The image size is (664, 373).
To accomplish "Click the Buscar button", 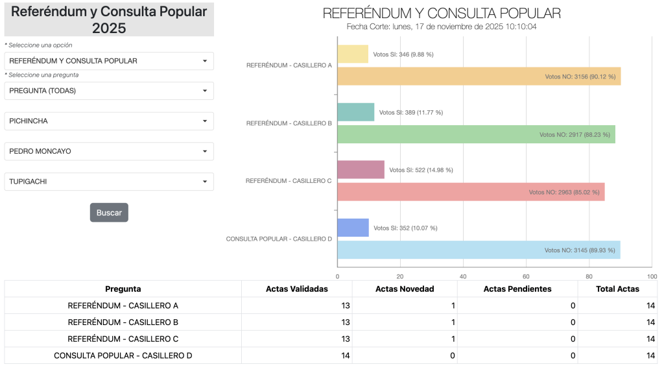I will coord(109,213).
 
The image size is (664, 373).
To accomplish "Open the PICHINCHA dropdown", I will coord(109,121).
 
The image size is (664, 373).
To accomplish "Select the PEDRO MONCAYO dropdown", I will coord(109,151).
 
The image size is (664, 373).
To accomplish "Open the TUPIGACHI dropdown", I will coord(109,182).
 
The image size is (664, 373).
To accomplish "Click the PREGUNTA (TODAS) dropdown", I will coord(109,91).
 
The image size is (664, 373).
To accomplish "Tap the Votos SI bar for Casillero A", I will coord(353,54).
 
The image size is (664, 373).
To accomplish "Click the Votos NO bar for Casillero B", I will coord(476,134).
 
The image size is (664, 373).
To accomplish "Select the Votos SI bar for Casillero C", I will coord(361,170).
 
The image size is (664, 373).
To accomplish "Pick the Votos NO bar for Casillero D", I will coord(479,250).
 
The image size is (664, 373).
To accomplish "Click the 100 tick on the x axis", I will coord(652,276).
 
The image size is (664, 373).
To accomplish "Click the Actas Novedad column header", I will coord(405,289).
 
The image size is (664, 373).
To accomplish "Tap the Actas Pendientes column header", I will coord(517,289).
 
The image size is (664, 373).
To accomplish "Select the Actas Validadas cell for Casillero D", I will coord(297,355).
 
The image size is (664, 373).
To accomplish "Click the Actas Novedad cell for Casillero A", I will coord(405,306).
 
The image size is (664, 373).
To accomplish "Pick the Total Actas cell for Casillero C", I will coord(617,339).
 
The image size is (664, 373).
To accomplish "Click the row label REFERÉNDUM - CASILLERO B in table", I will coord(123,322).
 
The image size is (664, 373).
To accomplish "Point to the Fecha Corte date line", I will coord(442,27).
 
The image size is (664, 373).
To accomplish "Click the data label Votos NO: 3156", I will coord(580,77).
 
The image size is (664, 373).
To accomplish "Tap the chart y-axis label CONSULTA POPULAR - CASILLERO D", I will coord(279,239).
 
